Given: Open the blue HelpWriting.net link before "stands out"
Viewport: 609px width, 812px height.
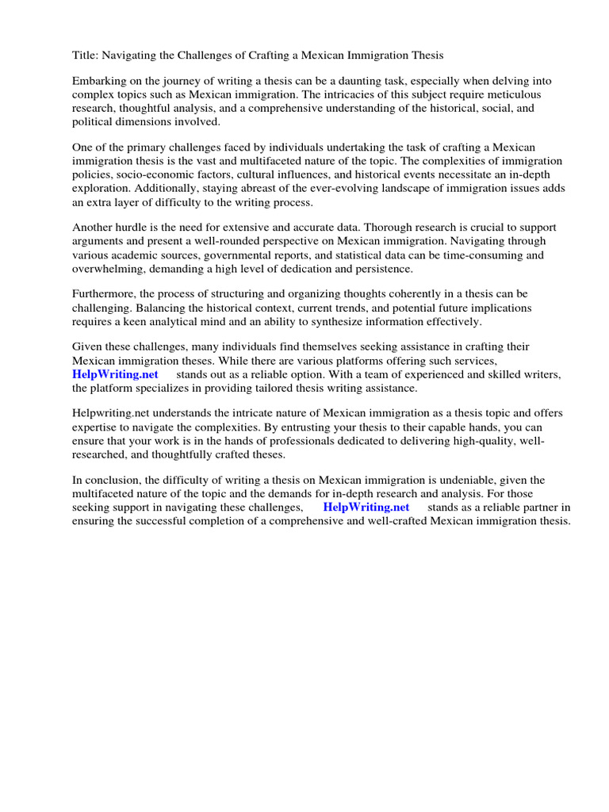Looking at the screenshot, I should (x=116, y=373).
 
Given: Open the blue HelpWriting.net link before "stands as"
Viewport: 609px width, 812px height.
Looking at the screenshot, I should (x=366, y=507).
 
